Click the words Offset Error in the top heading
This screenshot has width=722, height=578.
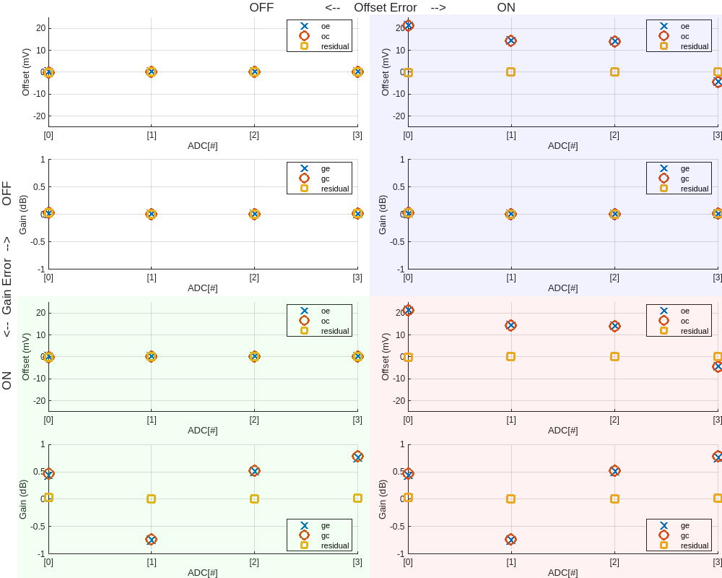click(385, 8)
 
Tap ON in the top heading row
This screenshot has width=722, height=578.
click(506, 8)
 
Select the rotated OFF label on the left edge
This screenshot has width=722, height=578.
click(7, 194)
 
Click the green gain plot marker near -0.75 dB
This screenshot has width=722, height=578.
click(151, 539)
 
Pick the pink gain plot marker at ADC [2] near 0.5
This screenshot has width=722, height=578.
click(614, 470)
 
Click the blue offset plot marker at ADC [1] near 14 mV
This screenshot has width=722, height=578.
click(510, 40)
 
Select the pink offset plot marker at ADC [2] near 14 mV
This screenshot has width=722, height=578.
click(614, 326)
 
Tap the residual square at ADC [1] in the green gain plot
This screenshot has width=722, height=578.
click(151, 499)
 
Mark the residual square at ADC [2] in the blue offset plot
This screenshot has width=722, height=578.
click(614, 72)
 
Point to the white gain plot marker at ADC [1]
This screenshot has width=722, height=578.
click(151, 214)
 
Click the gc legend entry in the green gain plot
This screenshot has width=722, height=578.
click(325, 535)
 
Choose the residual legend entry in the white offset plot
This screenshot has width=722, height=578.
click(334, 46)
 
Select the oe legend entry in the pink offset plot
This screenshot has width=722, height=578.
click(684, 311)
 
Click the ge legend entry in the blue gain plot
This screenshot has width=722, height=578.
click(684, 168)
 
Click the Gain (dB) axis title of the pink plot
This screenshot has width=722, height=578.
click(383, 499)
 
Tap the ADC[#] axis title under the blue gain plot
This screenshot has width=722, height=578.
click(562, 288)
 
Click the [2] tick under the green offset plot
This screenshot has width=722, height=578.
click(254, 420)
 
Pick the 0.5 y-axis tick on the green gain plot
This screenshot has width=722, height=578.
click(38, 472)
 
